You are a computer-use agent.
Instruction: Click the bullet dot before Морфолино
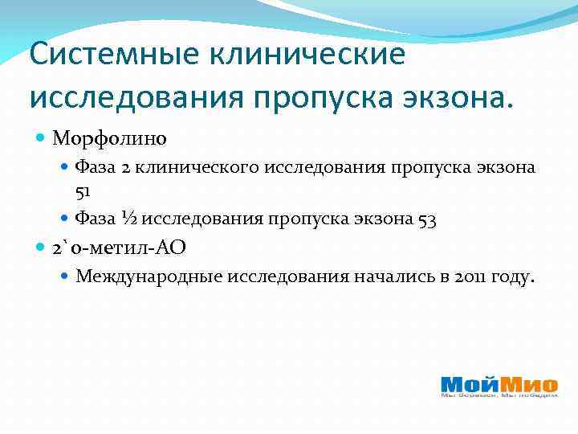42,138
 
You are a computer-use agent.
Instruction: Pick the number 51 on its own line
83,191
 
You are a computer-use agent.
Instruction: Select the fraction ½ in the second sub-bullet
128,219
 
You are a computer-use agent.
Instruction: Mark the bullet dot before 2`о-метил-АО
42,248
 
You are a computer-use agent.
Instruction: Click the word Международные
149,276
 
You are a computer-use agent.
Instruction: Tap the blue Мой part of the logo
469,383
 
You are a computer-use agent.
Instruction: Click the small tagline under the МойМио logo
499,395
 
